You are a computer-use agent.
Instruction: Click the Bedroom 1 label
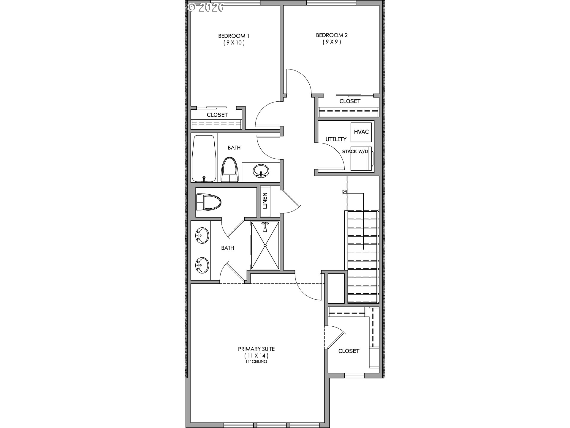[234, 36]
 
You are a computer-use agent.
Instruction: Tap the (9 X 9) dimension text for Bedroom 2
[332, 42]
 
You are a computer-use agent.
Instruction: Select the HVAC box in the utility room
[361, 132]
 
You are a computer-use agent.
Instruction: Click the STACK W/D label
[355, 152]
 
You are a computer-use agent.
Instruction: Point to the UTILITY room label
[336, 139]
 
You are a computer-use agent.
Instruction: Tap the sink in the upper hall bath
[261, 171]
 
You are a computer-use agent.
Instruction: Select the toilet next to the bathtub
[230, 170]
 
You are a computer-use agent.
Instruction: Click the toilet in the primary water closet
[209, 202]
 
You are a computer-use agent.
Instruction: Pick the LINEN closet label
[265, 201]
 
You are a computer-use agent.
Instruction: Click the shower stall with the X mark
[265, 246]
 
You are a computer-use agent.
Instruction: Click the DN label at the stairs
[344, 192]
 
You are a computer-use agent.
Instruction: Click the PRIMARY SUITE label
[256, 349]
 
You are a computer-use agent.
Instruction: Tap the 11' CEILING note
[256, 361]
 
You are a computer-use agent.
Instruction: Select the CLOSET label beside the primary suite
[349, 351]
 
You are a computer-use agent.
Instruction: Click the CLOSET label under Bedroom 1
[217, 115]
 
